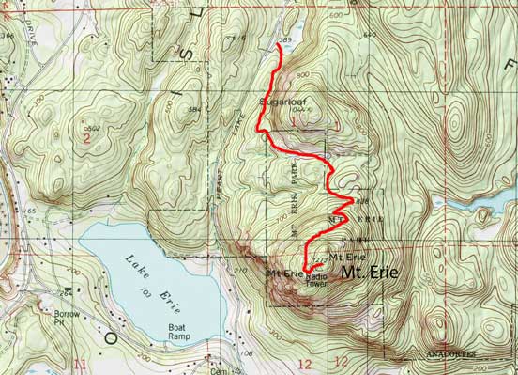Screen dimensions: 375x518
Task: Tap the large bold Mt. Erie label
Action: (x=369, y=273)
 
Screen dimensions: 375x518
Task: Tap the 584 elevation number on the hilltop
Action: (x=194, y=110)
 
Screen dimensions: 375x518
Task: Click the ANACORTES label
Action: (x=449, y=354)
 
